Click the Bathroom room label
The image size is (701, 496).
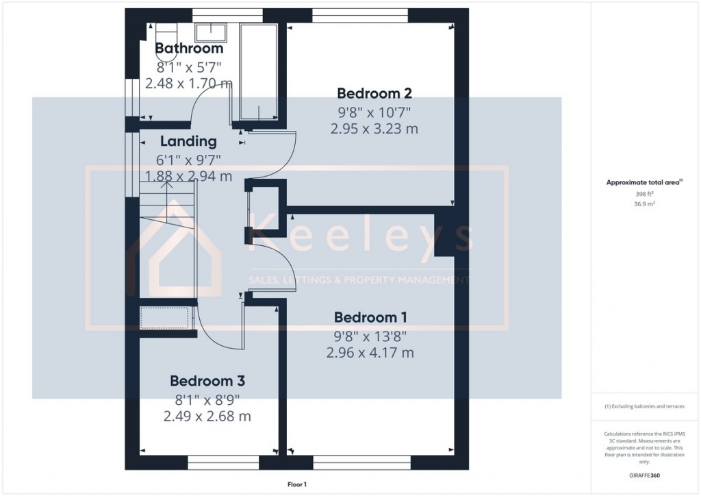click(189, 49)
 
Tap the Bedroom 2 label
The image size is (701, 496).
click(374, 93)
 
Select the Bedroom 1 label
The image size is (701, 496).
click(370, 317)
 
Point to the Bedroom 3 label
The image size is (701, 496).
click(207, 381)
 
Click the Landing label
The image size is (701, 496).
click(188, 142)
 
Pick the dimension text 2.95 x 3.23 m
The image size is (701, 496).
click(374, 128)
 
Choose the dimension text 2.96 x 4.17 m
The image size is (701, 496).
click(370, 353)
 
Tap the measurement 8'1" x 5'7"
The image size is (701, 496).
click(189, 67)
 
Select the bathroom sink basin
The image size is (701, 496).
click(212, 32)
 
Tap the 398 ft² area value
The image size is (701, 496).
click(645, 194)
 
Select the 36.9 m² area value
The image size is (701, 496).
click(645, 203)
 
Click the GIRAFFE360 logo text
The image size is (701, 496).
click(645, 475)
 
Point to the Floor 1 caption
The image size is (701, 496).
click(296, 484)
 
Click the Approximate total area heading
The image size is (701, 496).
click(644, 182)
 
